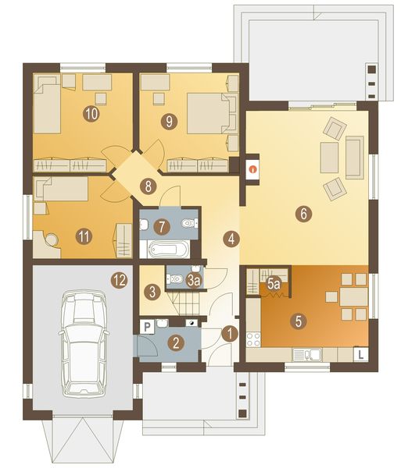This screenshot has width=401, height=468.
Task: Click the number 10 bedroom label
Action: tap(91, 114)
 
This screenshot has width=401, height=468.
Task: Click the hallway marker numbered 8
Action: tap(146, 186)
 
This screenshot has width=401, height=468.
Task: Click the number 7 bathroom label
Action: tap(162, 227)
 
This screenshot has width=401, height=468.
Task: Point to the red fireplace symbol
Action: tap(252, 167)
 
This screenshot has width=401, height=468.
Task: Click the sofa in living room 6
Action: tap(354, 155)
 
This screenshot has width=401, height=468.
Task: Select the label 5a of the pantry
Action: tap(274, 285)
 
